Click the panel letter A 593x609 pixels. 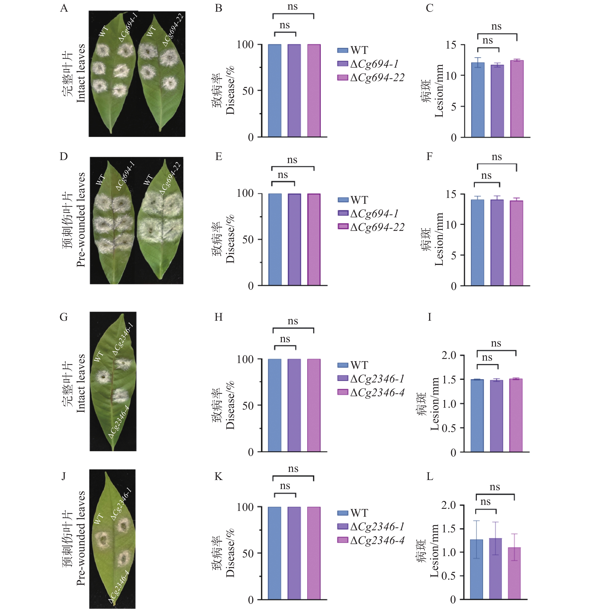(x=64, y=8)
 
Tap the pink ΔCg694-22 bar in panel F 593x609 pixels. (x=516, y=243)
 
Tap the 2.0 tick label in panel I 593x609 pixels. (x=448, y=355)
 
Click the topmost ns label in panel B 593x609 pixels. (x=292, y=7)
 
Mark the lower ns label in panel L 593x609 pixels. (x=485, y=502)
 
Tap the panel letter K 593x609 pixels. (x=219, y=477)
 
